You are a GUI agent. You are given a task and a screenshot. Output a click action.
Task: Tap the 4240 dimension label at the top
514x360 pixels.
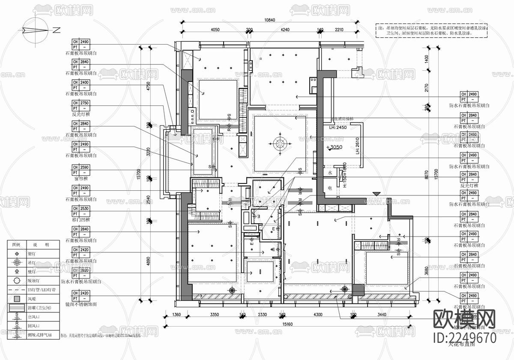[285, 30]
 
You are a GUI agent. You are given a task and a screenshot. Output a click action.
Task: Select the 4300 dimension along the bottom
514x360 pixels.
[318, 315]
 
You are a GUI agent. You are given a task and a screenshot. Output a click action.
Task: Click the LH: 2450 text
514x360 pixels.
[338, 128]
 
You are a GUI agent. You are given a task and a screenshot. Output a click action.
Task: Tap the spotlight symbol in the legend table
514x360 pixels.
[17, 254]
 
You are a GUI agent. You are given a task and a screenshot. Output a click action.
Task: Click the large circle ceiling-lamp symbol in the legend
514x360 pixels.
[17, 281]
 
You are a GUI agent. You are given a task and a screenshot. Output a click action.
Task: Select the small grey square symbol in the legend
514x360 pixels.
[17, 299]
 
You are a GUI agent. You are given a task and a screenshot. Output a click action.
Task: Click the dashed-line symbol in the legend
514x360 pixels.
[17, 290]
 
